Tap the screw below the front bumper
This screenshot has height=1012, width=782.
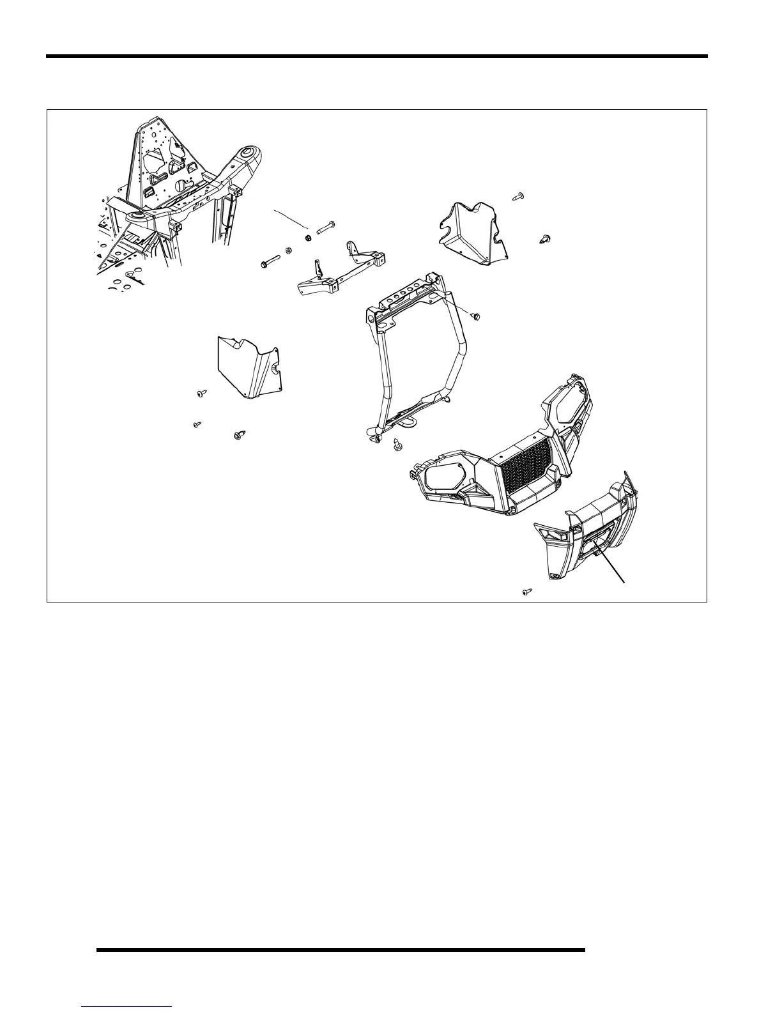click(x=527, y=592)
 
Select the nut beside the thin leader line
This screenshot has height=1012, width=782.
click(x=308, y=238)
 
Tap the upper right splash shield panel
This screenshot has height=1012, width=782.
click(x=473, y=233)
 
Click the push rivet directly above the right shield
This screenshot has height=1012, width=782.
click(x=519, y=195)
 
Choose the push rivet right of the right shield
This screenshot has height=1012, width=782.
click(x=546, y=240)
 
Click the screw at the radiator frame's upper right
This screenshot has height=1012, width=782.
click(x=475, y=316)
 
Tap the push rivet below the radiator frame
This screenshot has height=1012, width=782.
click(x=396, y=443)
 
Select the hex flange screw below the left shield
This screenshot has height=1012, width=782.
click(x=239, y=435)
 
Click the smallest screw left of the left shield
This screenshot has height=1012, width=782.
click(x=198, y=424)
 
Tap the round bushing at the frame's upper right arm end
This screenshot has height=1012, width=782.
click(x=249, y=153)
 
